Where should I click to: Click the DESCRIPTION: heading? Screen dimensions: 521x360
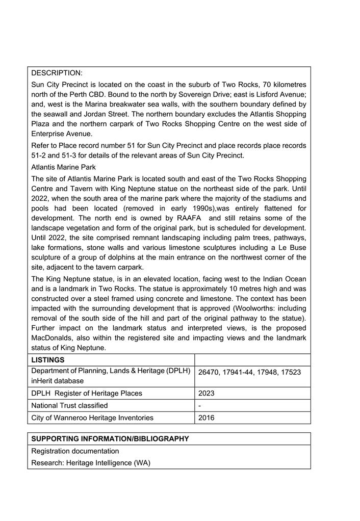click(x=57, y=73)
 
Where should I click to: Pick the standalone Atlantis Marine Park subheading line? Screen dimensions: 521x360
click(x=63, y=167)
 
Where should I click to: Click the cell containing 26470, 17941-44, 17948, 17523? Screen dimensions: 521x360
click(x=249, y=372)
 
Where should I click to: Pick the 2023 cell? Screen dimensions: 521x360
click(x=207, y=393)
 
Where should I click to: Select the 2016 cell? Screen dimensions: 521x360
click(x=207, y=418)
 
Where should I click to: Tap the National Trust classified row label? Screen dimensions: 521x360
click(x=69, y=405)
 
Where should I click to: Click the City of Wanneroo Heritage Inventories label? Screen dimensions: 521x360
click(x=92, y=418)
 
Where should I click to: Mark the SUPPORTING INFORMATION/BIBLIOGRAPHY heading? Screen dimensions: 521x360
click(x=110, y=438)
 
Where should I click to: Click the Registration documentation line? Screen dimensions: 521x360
click(x=75, y=451)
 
